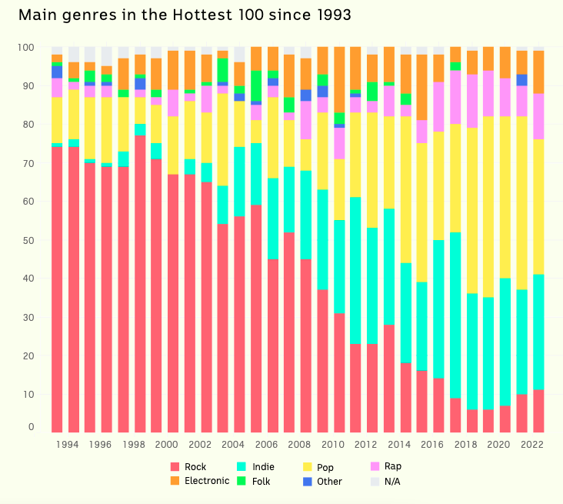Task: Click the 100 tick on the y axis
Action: [26, 48]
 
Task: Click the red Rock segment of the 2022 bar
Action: [538, 411]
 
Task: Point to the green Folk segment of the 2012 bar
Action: [373, 92]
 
